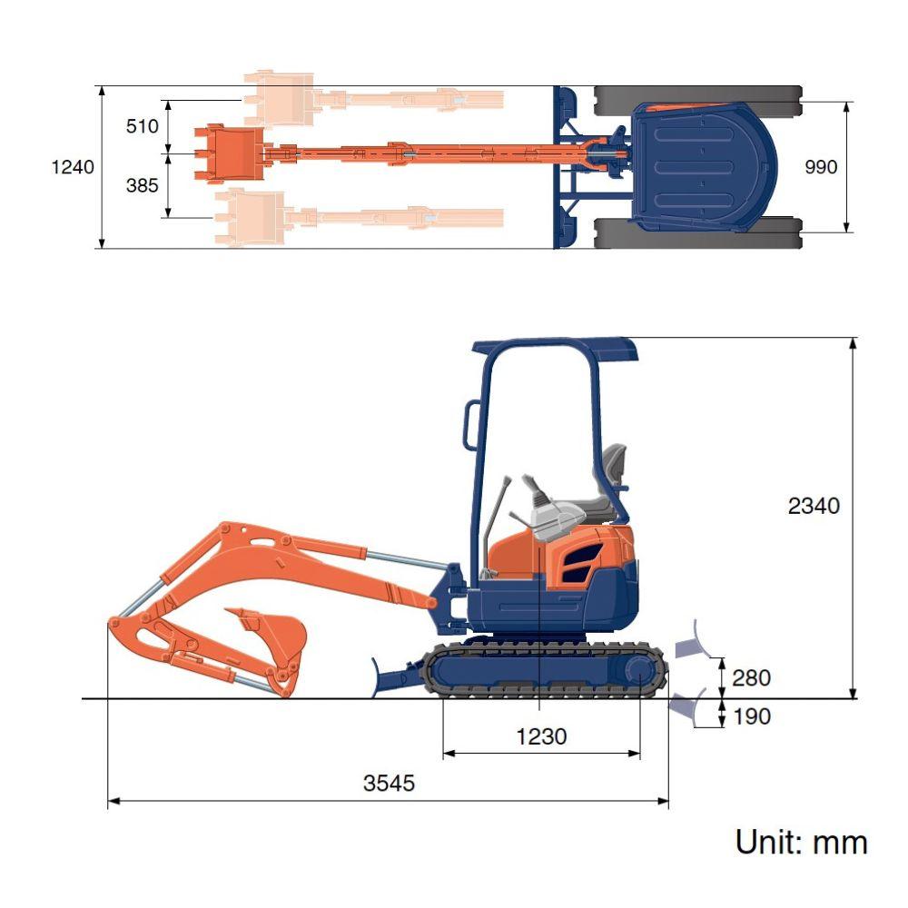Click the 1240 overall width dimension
[x=73, y=167]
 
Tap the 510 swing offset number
[x=142, y=126]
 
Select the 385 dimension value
[x=142, y=185]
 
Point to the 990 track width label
[x=821, y=167]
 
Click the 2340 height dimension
[x=814, y=506]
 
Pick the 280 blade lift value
[x=751, y=678]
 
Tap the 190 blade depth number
[x=752, y=717]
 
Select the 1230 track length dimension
[x=541, y=737]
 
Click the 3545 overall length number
[x=389, y=784]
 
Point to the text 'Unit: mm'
[x=802, y=842]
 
